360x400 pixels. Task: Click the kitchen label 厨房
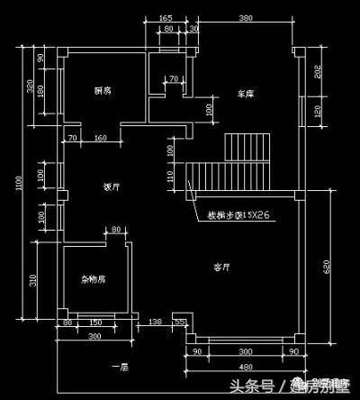pos(102,91)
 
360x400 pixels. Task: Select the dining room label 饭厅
pos(112,187)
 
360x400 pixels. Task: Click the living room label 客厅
pos(222,268)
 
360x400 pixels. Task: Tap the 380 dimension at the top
pos(245,18)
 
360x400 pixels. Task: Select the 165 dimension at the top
pos(165,18)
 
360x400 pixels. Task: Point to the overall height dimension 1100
pos(19,185)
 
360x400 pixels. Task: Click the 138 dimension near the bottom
pos(155,322)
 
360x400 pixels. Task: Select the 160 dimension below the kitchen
pos(101,138)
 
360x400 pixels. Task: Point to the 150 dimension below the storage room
pos(95,322)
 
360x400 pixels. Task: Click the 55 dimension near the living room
pos(179,322)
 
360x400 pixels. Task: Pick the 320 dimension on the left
pos(31,88)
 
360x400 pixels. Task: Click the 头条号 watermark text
pos(251,387)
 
